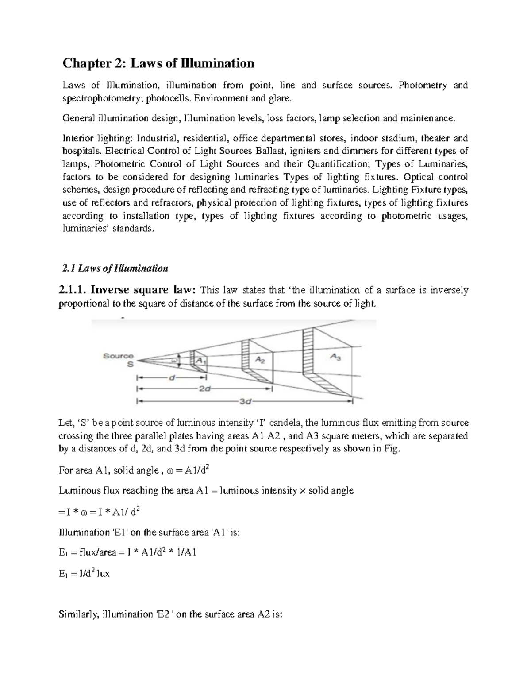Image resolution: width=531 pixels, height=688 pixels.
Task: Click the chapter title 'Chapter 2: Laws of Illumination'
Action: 158,64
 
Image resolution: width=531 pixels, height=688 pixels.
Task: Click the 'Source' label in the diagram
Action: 118,356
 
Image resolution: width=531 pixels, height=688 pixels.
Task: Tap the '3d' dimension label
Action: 246,402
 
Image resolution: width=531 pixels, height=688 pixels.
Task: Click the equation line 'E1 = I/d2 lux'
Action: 84,574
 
